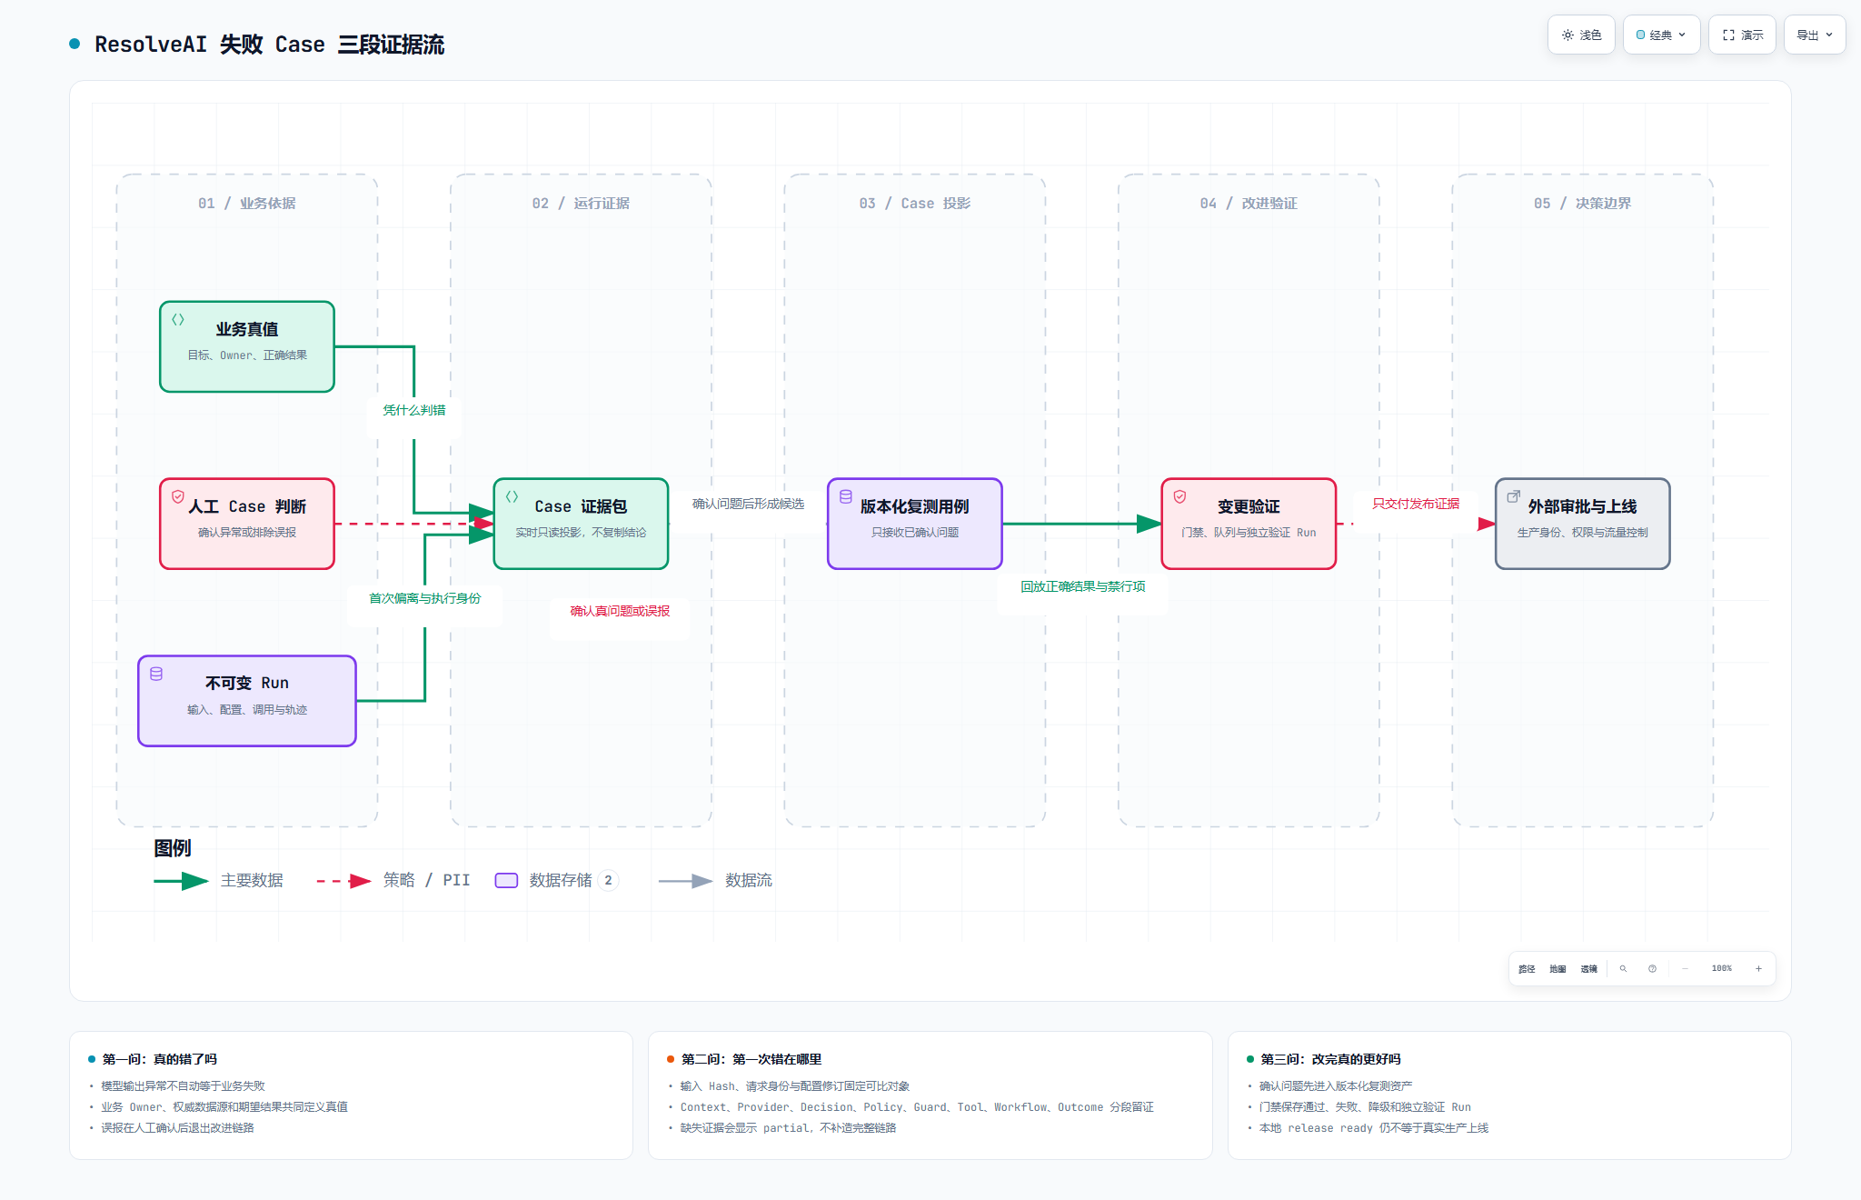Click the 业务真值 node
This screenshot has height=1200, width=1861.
247,346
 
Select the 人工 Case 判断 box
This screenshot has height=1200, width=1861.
247,524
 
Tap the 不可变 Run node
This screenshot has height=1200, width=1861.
247,701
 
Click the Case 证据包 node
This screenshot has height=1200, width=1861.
581,524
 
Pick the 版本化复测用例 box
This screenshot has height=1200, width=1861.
915,524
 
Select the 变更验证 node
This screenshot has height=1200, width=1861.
1249,524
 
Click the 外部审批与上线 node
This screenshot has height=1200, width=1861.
1583,524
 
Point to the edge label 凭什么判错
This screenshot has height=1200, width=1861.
414,410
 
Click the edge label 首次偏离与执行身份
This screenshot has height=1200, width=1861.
425,598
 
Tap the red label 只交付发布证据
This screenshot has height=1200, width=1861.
1416,504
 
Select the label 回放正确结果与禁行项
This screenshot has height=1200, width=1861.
1083,586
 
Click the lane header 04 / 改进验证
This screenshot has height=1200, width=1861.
1249,204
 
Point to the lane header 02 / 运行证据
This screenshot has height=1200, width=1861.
581,204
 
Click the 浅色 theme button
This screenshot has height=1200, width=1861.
1581,35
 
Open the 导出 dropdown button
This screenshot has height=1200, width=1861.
1815,35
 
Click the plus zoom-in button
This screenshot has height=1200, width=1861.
1758,969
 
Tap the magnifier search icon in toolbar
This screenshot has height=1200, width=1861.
1623,969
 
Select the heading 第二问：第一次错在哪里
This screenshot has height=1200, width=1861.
751,1059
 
